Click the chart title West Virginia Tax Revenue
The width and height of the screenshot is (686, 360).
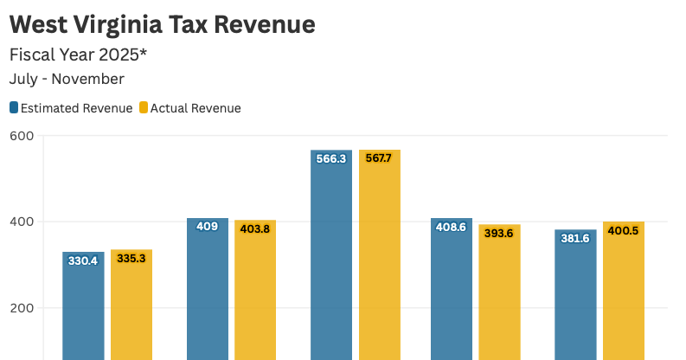(x=162, y=24)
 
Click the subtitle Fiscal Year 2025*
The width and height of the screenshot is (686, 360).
(x=79, y=55)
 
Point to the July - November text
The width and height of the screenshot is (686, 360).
(x=67, y=79)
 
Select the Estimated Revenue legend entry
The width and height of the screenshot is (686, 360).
(x=76, y=108)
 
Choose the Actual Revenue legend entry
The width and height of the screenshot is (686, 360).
(x=196, y=108)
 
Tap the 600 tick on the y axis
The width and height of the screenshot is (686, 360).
(x=22, y=136)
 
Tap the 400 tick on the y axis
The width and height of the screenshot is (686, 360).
(x=22, y=222)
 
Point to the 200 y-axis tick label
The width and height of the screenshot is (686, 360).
(x=22, y=308)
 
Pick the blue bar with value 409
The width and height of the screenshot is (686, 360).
(x=208, y=289)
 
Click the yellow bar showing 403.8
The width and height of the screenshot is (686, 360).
(x=255, y=290)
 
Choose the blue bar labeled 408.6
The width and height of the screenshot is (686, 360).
(x=452, y=289)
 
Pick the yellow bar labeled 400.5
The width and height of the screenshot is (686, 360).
(x=624, y=291)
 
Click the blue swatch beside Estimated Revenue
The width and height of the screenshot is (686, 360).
(x=14, y=108)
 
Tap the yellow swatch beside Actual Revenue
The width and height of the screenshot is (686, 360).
(x=144, y=108)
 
